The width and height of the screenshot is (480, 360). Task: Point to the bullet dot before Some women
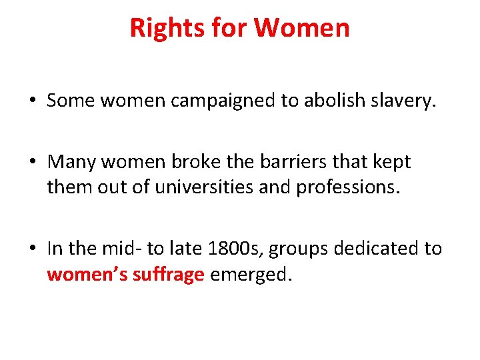(32, 101)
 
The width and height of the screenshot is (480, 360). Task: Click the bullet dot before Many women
(32, 162)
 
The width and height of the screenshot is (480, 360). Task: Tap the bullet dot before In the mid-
(32, 249)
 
